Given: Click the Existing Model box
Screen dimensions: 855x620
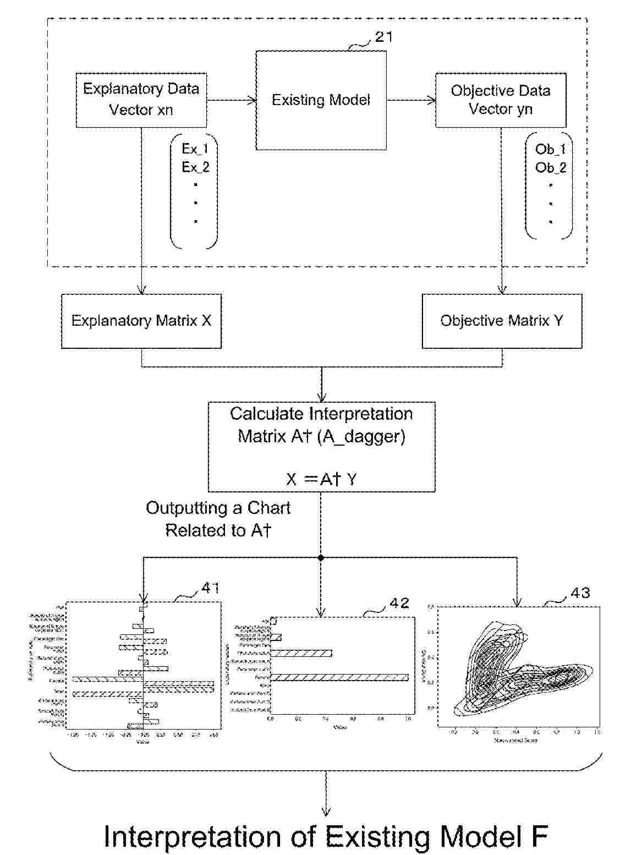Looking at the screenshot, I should (321, 100).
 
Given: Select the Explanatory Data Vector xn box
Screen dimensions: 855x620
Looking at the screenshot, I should (141, 100).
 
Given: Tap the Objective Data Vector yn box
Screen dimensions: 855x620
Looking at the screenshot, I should (501, 100).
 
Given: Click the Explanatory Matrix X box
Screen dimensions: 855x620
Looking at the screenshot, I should (141, 321).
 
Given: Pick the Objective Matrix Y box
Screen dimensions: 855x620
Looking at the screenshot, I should (502, 321).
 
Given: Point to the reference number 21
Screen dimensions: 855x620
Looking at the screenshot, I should (383, 37).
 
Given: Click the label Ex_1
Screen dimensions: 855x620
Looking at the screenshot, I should (195, 149).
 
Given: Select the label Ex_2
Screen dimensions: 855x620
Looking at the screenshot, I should (195, 167).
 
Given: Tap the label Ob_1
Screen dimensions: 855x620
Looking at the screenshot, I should (550, 149).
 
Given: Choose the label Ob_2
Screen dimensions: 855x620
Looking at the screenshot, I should (550, 168).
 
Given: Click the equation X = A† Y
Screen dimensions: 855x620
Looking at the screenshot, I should (321, 479).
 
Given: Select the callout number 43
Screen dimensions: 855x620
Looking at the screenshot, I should (580, 593).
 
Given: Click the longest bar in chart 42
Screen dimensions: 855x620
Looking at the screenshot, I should (339, 677).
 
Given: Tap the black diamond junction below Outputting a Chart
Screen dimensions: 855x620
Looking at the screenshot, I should (321, 558).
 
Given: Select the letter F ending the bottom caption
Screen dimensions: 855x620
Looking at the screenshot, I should (539, 837).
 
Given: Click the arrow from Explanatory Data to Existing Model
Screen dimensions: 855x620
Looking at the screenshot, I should (232, 100).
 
